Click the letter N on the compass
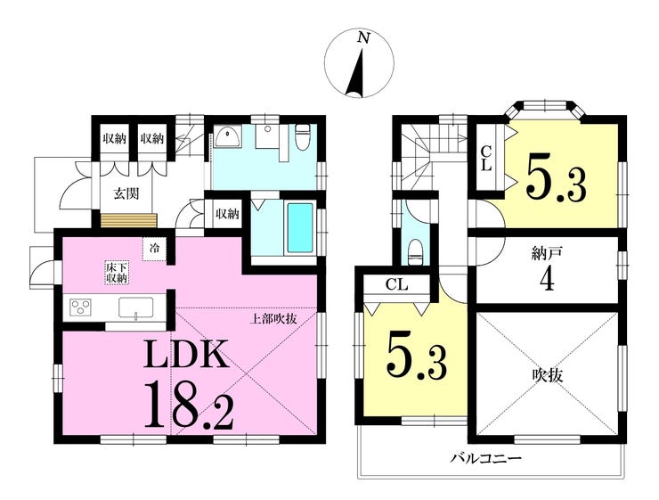click(363, 38)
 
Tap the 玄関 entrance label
click(126, 194)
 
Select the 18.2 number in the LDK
click(189, 404)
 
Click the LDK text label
click(187, 352)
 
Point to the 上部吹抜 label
click(273, 319)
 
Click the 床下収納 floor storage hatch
click(117, 273)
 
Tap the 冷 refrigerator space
click(155, 249)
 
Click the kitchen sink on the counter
click(135, 308)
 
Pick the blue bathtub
click(300, 228)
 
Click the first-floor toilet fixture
click(302, 136)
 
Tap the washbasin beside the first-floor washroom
click(228, 137)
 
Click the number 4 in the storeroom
click(547, 279)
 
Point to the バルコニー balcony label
click(486, 457)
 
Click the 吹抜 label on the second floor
click(547, 374)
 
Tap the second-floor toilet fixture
click(415, 252)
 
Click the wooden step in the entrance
click(129, 220)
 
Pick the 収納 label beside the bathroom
click(227, 214)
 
